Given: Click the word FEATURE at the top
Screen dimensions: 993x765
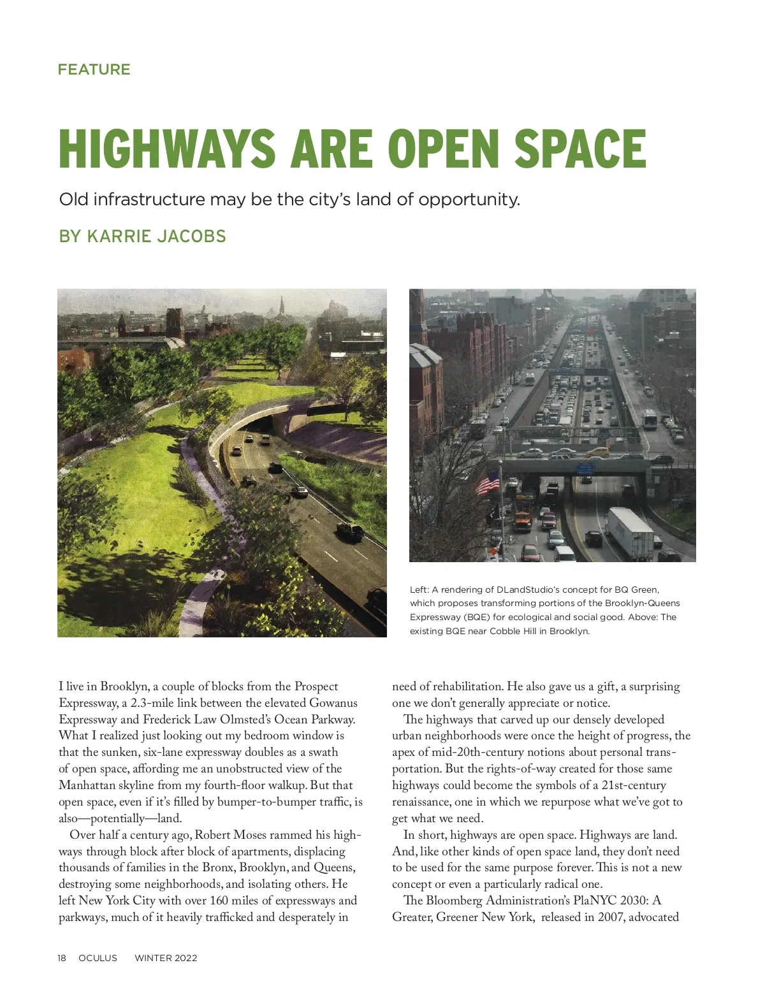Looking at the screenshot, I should pos(94,69).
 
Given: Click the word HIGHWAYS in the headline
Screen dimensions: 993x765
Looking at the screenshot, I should pos(166,149).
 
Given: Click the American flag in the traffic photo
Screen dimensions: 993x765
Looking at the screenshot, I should pos(488,484).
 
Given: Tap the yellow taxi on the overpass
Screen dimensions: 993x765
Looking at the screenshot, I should pos(597,451).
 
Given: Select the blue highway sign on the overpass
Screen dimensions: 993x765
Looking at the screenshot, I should pos(585,468).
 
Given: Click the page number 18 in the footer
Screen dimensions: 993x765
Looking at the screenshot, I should pos(62,958).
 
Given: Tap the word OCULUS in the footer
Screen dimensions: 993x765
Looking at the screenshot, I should pos(98,958).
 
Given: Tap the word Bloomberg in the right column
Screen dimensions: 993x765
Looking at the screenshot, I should pos(454,901).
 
